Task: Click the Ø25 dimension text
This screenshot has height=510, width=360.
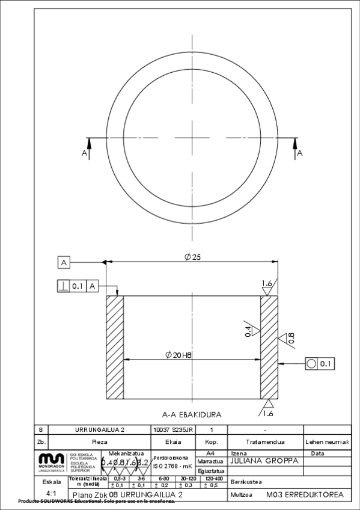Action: pos(192,257)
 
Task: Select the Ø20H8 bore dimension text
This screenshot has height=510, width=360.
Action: pos(178,355)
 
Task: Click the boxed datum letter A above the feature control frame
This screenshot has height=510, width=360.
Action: pos(65,262)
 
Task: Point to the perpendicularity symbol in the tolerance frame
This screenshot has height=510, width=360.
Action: pos(64,286)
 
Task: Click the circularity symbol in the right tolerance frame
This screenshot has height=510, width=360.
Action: pos(311,364)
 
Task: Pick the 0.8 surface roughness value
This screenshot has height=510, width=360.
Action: pos(291,339)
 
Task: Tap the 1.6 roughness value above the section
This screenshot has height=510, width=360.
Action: pos(267,283)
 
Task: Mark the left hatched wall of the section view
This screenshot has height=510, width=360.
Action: pos(114,346)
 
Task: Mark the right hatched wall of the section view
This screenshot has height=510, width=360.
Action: pos(269,346)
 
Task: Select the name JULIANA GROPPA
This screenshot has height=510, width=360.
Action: pos(260,461)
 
